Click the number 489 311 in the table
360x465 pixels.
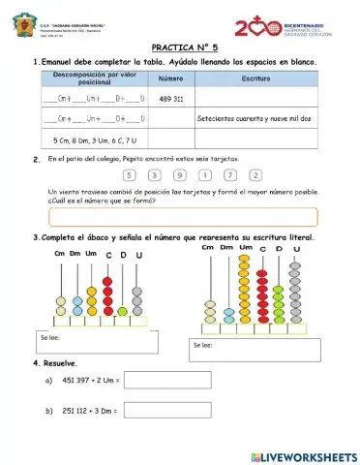point(171,99)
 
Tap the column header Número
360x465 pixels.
point(171,78)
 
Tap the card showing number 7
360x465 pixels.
point(230,175)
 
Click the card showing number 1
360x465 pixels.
point(205,175)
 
